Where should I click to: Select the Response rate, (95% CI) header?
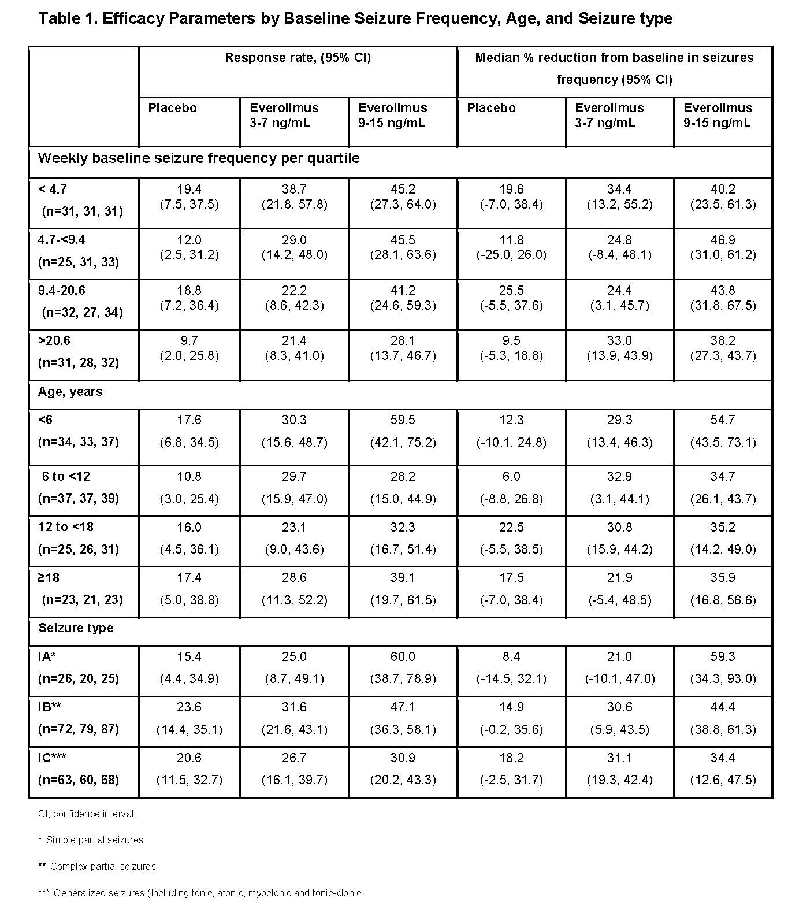298,58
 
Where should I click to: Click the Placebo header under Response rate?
172,108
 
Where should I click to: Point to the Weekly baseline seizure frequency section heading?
199,158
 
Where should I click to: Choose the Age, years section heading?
70,392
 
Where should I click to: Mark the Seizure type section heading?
76,628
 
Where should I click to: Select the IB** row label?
50,707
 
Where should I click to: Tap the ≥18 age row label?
49,578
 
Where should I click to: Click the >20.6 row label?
54,341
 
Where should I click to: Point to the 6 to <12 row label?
66,477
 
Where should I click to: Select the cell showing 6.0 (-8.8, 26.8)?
511,488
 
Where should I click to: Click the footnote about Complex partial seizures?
97,866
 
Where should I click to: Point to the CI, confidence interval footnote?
87,814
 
